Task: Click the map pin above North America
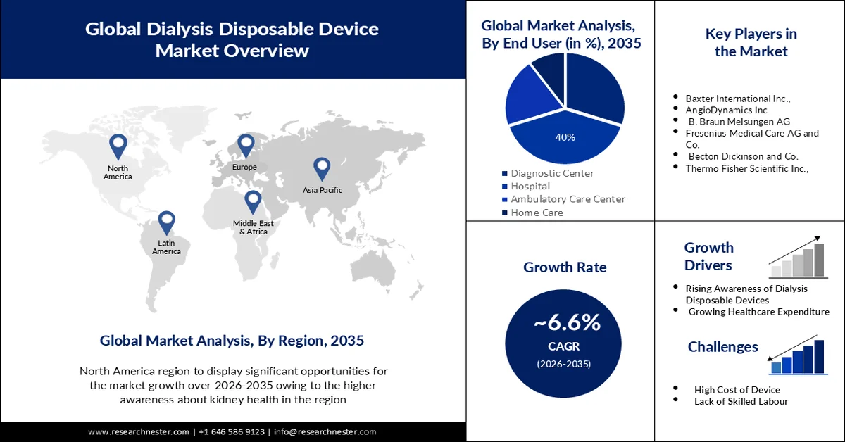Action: coord(118,146)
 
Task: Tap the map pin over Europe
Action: coord(245,146)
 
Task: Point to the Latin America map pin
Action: coord(166,222)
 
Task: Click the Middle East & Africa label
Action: coord(254,227)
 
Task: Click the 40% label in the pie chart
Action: coord(565,137)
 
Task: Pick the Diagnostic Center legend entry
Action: coord(552,173)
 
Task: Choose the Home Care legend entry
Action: coord(537,213)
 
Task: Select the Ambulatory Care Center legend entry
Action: coord(568,199)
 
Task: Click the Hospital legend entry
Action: coord(530,187)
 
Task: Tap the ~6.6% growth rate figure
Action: coord(567,322)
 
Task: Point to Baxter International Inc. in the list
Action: coord(738,99)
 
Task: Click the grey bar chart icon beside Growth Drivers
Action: coord(798,258)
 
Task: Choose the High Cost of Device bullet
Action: coord(737,389)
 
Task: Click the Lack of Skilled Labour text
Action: coord(741,401)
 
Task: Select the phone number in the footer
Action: coord(232,431)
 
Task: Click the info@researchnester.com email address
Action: coord(325,431)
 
